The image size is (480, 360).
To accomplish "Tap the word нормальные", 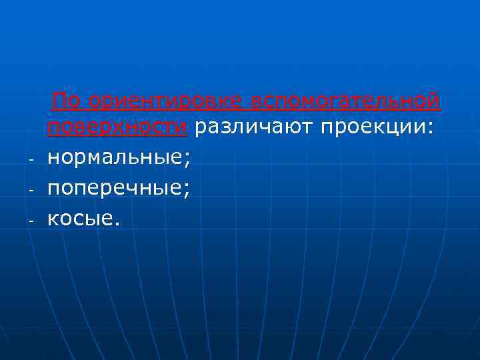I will click(117, 159).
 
